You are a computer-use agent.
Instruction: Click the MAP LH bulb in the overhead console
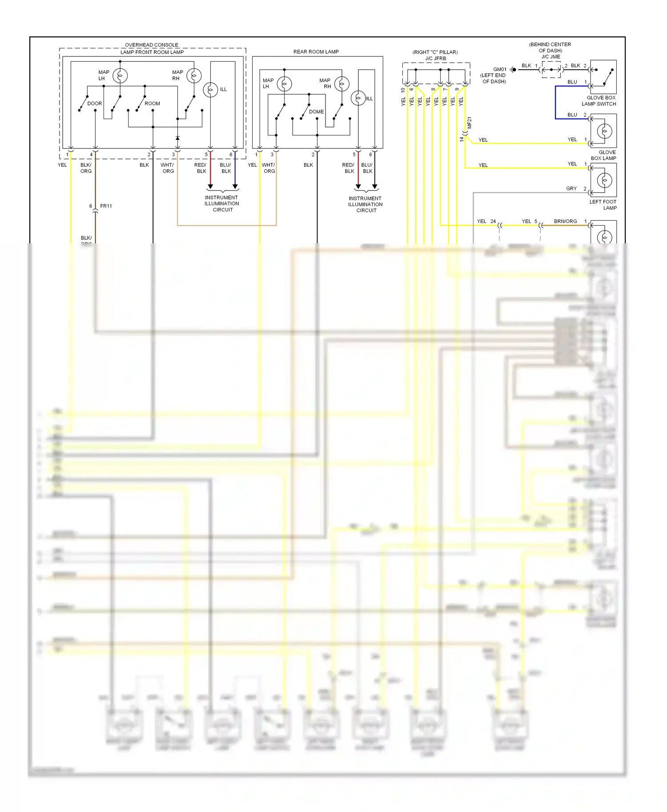(x=120, y=76)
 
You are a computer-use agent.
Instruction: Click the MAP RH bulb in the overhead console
(x=194, y=76)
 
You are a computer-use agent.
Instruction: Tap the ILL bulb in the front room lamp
(x=210, y=90)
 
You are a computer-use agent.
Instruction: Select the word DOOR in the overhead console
(x=94, y=103)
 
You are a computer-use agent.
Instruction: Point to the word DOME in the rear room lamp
(x=316, y=112)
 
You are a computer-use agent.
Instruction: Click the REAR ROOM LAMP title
(x=316, y=52)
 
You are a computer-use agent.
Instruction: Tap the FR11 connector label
(x=106, y=206)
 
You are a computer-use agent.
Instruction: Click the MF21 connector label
(x=470, y=123)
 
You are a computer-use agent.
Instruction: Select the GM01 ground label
(x=500, y=70)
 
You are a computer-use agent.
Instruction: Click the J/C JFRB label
(x=435, y=59)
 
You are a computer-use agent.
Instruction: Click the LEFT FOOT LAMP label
(x=603, y=205)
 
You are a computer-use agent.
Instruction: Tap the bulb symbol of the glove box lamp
(x=605, y=131)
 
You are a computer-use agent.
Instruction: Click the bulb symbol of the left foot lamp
(x=605, y=180)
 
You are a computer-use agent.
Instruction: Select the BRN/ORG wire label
(x=565, y=221)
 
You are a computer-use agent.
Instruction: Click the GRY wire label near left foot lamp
(x=571, y=188)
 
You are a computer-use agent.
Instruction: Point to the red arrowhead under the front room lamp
(x=210, y=187)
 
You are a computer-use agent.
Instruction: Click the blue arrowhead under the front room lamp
(x=235, y=187)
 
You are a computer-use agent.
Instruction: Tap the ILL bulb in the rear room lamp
(x=358, y=98)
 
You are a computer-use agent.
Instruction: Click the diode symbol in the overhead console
(x=177, y=138)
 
